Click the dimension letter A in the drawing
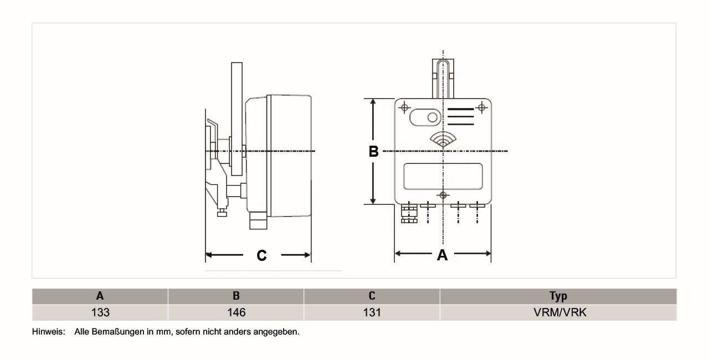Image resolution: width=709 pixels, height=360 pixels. [442, 255]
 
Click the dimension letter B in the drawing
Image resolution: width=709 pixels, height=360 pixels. [374, 151]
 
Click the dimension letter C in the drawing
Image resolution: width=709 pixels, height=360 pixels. [261, 255]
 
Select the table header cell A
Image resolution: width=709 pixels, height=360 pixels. [100, 296]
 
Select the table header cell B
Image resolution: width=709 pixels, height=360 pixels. [236, 296]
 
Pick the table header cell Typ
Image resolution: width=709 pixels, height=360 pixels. [558, 296]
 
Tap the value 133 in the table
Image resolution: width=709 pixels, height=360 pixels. [100, 312]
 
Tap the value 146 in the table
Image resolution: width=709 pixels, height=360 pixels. [236, 312]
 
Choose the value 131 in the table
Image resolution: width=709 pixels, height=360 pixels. [372, 312]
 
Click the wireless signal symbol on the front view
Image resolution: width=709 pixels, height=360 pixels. [443, 140]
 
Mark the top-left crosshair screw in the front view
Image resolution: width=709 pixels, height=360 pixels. [404, 107]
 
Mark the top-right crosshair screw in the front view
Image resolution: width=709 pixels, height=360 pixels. [481, 107]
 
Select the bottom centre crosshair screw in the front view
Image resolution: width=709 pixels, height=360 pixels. [443, 195]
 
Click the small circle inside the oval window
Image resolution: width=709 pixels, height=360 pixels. [433, 117]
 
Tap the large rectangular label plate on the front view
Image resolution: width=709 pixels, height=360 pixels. [443, 176]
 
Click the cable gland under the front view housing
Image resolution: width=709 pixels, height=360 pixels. [409, 213]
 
